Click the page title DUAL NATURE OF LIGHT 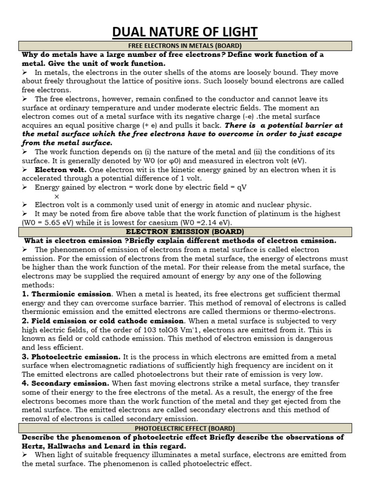click(x=185, y=32)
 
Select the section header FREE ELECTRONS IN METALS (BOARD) click(x=185, y=46)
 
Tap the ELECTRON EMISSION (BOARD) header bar click(x=185, y=232)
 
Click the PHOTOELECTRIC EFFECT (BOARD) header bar click(x=185, y=428)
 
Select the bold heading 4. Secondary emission click(x=66, y=383)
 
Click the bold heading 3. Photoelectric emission click(x=71, y=357)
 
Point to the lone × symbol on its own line click(x=57, y=196)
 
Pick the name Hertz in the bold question click(x=33, y=446)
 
